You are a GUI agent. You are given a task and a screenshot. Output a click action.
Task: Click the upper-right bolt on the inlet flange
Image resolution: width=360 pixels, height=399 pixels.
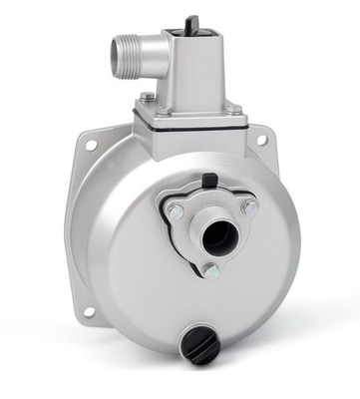(248, 206)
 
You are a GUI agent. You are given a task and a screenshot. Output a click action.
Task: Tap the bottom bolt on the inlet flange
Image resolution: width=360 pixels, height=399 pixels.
(210, 270)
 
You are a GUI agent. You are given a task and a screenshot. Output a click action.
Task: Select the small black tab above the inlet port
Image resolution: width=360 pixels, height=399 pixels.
(209, 181)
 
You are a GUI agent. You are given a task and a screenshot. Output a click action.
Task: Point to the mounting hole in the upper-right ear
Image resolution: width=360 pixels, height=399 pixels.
(262, 140)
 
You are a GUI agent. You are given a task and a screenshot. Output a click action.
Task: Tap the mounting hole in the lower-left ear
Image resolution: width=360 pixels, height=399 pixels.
(88, 312)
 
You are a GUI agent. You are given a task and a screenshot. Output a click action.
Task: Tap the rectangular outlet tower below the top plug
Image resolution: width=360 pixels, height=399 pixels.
(194, 70)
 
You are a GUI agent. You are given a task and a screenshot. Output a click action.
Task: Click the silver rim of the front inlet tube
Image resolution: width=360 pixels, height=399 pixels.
(201, 237)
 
